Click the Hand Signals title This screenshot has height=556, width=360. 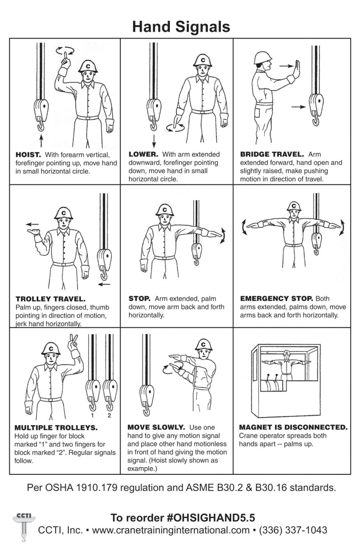[x=181, y=27]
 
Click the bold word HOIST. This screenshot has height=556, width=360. [x=28, y=155]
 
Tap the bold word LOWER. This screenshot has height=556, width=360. [x=143, y=155]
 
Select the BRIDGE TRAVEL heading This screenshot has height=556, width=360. [x=272, y=155]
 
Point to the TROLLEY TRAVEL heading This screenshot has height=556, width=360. [x=50, y=299]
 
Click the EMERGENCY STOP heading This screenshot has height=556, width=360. [x=276, y=298]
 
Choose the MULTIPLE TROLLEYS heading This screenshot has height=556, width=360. [x=56, y=427]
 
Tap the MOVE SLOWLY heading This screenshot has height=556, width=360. [x=156, y=427]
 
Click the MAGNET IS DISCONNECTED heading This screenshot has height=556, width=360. [x=293, y=427]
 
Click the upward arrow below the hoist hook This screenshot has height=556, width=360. [x=41, y=141]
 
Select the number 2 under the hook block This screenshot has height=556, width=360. [x=109, y=416]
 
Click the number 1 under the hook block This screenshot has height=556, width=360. [x=92, y=416]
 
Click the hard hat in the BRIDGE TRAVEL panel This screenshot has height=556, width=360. [x=263, y=58]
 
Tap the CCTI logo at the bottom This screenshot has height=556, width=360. [x=24, y=526]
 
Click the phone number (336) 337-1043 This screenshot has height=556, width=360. [x=293, y=530]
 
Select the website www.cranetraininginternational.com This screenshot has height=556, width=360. [x=171, y=530]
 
